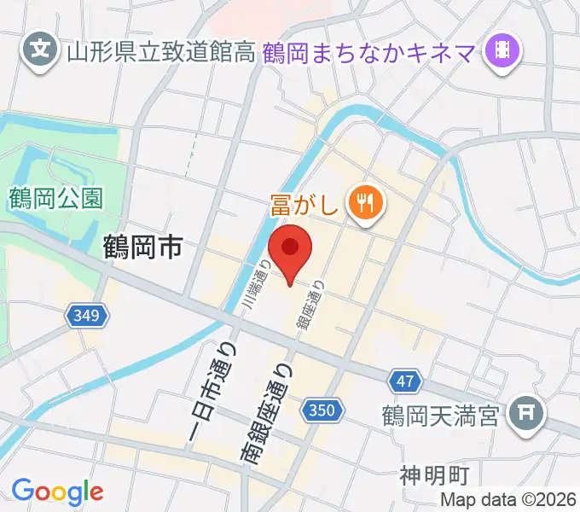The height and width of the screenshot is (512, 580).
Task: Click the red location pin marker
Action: coord(291,250)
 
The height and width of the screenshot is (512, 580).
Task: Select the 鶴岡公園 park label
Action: coord(57,199)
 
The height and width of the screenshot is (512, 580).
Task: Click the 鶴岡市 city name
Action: coord(142,248)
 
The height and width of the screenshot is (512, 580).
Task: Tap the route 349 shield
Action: coord(89,317)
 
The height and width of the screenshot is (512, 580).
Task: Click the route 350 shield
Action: coord(322,411)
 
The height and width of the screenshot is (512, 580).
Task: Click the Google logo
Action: coord(57,492)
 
